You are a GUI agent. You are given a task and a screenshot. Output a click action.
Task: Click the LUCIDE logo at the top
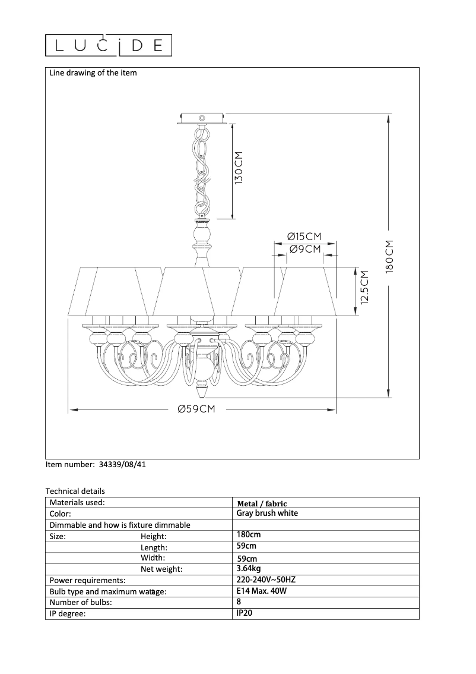109,45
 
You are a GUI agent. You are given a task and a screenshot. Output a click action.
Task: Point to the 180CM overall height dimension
389,256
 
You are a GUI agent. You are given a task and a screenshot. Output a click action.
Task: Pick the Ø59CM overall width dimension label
196,410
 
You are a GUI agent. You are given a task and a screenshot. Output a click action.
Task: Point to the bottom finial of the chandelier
201,391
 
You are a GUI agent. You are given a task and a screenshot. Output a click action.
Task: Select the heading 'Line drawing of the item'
93,73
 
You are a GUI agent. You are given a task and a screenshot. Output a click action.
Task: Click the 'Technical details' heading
75,491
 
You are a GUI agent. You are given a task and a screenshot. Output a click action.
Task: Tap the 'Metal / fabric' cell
262,503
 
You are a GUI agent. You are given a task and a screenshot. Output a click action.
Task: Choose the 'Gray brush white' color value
267,513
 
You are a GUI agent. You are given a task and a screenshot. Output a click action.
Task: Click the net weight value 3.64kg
249,568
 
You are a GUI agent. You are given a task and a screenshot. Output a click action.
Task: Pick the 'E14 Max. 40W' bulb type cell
261,591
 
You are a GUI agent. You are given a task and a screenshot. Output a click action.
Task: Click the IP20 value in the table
245,613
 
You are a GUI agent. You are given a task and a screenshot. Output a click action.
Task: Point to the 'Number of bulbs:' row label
81,603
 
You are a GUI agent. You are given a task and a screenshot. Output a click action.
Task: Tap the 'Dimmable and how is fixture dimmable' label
120,525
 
